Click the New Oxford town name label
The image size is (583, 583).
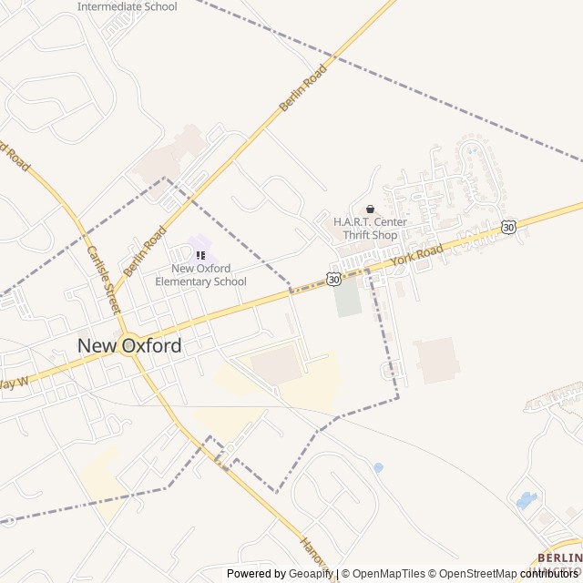click(x=129, y=345)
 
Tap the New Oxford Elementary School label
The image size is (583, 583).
click(x=200, y=274)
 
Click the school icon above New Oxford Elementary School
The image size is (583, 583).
click(x=200, y=255)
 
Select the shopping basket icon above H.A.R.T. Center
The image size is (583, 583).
click(x=370, y=209)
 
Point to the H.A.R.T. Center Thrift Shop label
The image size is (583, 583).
click(x=370, y=229)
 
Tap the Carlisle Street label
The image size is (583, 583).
click(x=103, y=279)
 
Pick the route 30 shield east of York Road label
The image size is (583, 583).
click(x=508, y=226)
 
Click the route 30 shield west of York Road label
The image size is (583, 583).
click(x=334, y=277)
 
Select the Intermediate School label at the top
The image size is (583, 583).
click(x=127, y=6)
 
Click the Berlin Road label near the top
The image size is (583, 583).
click(x=303, y=88)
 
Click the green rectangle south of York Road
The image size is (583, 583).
click(x=347, y=298)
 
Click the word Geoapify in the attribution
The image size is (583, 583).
click(x=310, y=574)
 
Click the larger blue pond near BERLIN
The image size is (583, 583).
click(x=527, y=500)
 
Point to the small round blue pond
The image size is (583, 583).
click(x=378, y=467)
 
